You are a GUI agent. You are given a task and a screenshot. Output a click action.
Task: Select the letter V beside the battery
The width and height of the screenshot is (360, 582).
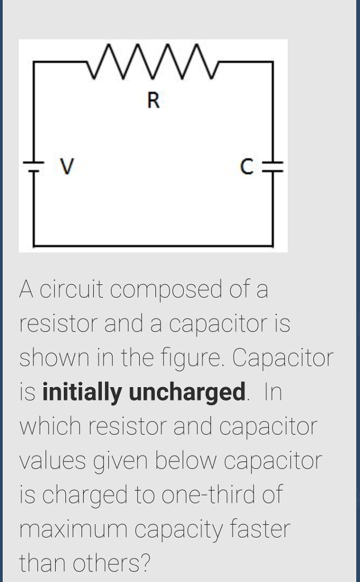[x=67, y=167]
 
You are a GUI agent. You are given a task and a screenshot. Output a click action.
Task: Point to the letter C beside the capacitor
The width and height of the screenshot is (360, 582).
[x=246, y=167]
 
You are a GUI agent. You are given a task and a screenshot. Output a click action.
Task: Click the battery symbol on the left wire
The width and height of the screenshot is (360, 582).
[x=34, y=165]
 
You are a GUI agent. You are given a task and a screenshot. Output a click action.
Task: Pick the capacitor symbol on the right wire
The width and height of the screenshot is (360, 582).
[x=274, y=165]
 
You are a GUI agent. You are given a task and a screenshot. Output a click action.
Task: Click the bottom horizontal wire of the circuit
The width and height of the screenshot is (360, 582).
[x=154, y=246]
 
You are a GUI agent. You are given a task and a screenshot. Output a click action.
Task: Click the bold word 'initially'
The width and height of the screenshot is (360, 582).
[x=82, y=393]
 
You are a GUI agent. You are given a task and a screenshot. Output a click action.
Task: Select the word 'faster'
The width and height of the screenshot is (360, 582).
[x=260, y=529]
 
